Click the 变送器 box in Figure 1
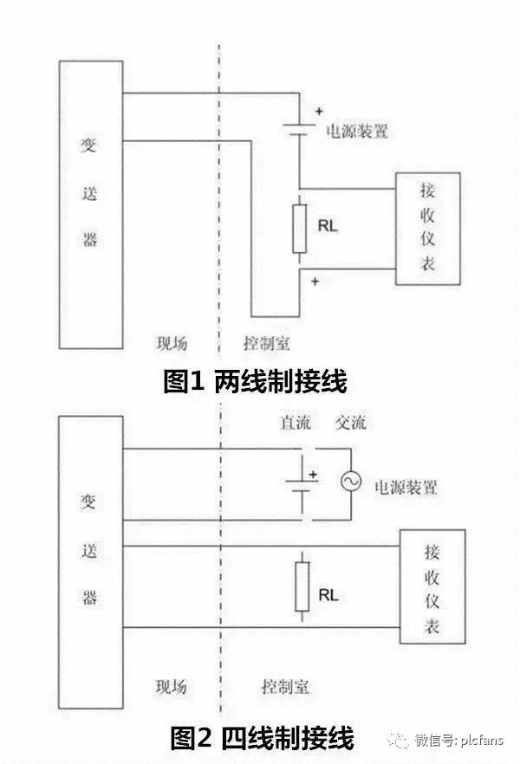(x=90, y=204)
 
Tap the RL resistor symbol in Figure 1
(x=300, y=228)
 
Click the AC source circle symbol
(x=351, y=483)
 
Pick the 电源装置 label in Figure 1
(x=356, y=133)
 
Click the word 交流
(x=350, y=424)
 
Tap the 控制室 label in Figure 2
(x=285, y=688)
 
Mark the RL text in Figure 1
(x=328, y=228)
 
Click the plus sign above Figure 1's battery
(x=319, y=112)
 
